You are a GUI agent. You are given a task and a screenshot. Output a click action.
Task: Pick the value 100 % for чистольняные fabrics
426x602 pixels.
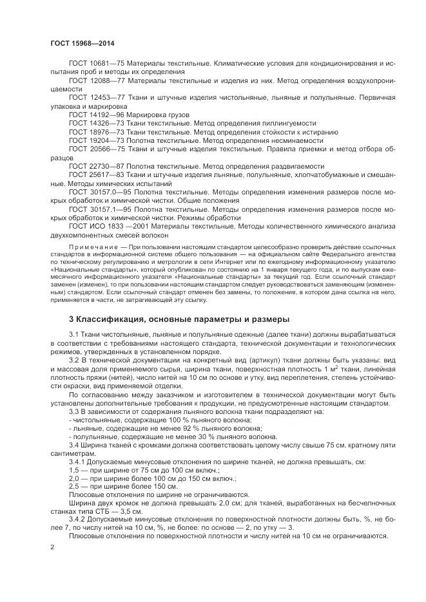pos(159,420)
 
